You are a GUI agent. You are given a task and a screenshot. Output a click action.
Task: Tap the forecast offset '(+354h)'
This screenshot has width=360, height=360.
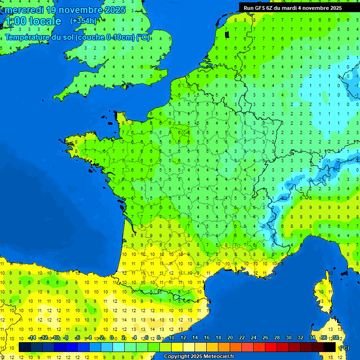[x=83, y=21]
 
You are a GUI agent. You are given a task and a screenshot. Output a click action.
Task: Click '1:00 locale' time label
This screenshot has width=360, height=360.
[x=32, y=21]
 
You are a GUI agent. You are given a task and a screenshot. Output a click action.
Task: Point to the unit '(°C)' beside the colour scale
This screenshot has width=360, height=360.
[x=344, y=348]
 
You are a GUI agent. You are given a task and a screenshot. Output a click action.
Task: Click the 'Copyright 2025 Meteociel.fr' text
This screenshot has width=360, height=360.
[x=199, y=356]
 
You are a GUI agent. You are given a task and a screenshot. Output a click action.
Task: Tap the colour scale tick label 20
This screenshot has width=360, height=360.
[x=230, y=337]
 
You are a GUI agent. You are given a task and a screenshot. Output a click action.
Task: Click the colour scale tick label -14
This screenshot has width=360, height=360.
[x=32, y=337]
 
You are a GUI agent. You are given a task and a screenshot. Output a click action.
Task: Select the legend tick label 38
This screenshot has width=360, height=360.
[x=335, y=337]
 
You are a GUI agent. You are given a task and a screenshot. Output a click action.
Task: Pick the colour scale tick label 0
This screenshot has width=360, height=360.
[x=112, y=337]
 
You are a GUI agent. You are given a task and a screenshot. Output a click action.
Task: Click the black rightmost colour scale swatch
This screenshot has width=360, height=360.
[x=330, y=347]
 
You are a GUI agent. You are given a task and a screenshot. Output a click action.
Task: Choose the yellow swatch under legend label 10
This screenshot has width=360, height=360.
[x=177, y=347]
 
